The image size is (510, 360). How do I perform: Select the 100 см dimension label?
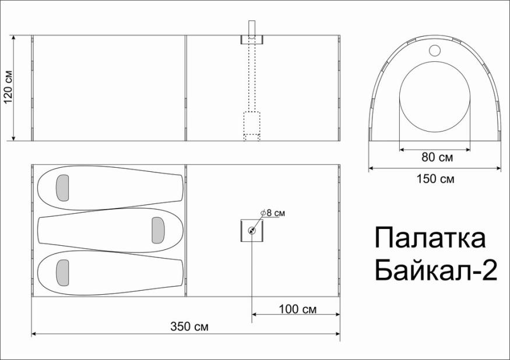click(x=298, y=309)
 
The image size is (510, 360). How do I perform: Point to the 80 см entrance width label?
click(x=437, y=157)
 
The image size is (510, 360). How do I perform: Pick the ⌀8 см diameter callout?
click(x=273, y=213)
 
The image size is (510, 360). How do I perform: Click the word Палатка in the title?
click(x=430, y=239)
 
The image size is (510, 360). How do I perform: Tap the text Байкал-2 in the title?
click(x=435, y=270)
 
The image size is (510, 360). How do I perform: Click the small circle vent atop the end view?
click(x=435, y=50)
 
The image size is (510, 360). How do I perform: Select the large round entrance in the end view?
click(x=435, y=101)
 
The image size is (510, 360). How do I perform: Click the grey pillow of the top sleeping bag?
click(x=62, y=187)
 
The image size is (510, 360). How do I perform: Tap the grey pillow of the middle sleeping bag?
click(x=158, y=230)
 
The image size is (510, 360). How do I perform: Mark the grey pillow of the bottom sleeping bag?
click(x=62, y=273)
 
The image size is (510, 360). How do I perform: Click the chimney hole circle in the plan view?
click(x=252, y=230)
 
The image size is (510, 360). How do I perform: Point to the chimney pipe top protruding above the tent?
click(x=252, y=27)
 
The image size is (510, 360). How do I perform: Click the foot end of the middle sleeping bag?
click(x=47, y=230)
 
